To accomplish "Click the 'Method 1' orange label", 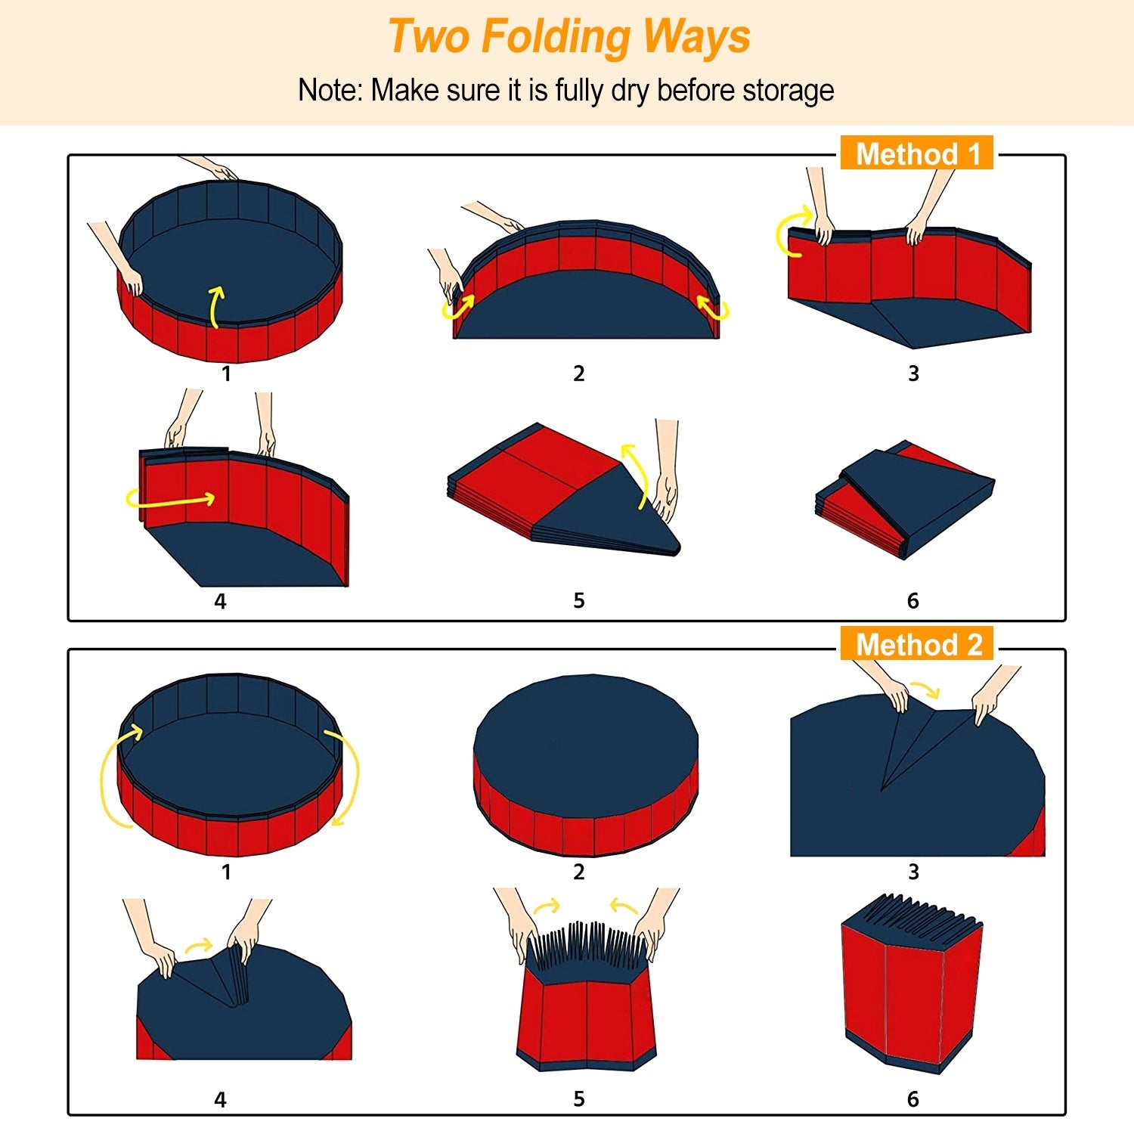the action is point(917,153).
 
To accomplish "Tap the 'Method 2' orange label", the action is point(917,644).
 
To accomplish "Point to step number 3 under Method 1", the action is point(913,373).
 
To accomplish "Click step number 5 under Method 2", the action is point(579,1099).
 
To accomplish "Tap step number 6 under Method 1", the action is point(913,601).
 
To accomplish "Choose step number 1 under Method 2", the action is point(226,872).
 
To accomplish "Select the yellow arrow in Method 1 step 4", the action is point(171,500).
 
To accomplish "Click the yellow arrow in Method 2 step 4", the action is point(200,944).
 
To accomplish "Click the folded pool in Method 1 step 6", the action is point(905,500).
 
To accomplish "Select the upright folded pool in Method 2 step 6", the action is point(911,983).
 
